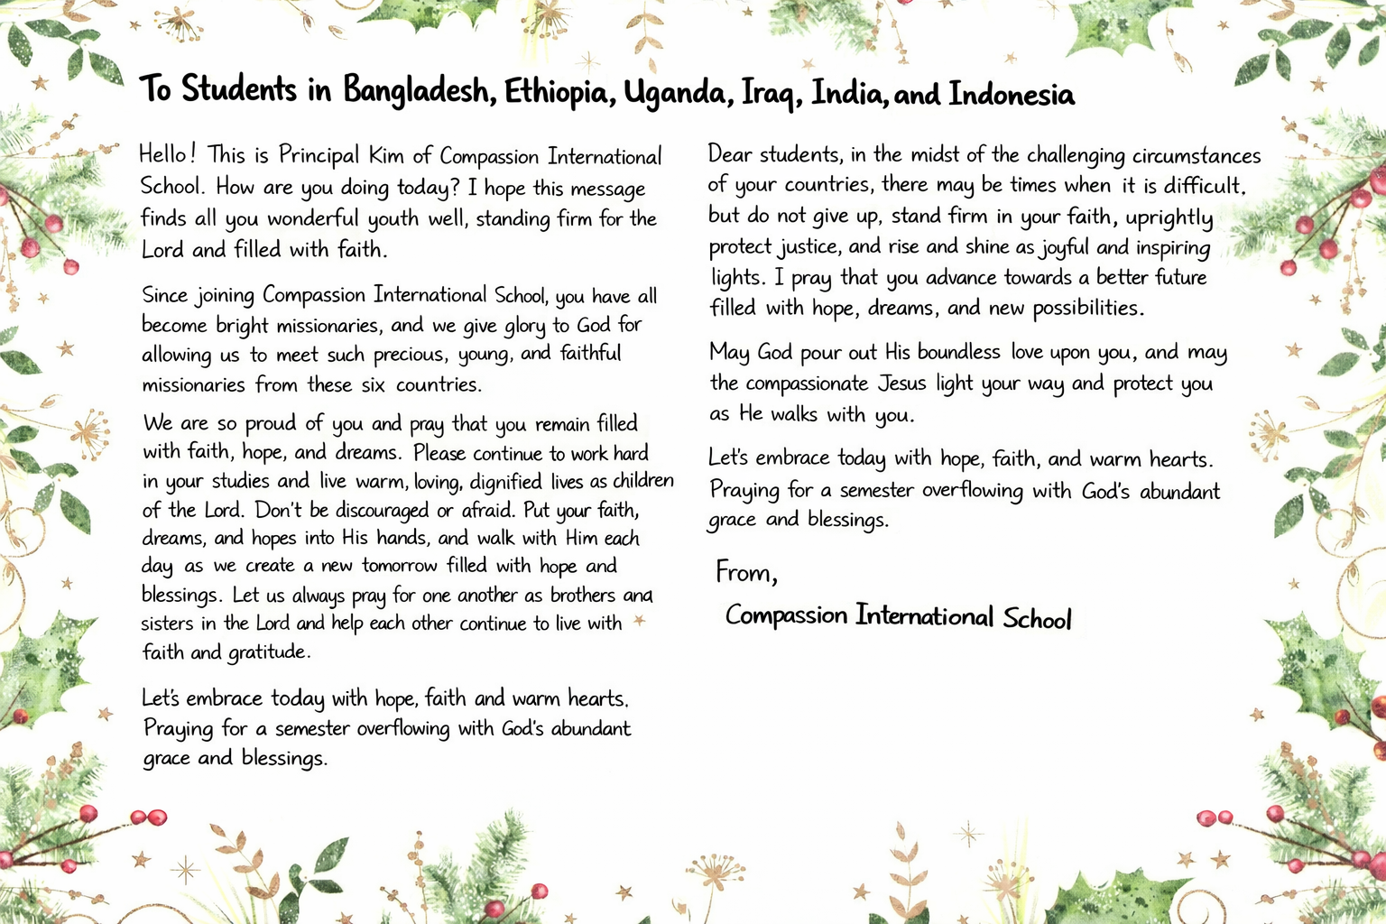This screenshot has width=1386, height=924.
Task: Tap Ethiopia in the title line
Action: (x=559, y=93)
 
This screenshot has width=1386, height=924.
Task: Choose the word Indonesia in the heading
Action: (x=1012, y=95)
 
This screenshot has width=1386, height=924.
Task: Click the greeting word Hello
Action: (x=163, y=154)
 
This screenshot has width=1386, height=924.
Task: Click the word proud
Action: (x=271, y=423)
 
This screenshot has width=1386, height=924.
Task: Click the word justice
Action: (x=809, y=246)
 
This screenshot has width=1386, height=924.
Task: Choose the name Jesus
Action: (x=902, y=383)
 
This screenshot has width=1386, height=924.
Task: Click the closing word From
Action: (x=744, y=572)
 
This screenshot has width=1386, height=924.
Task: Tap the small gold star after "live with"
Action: (x=640, y=621)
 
